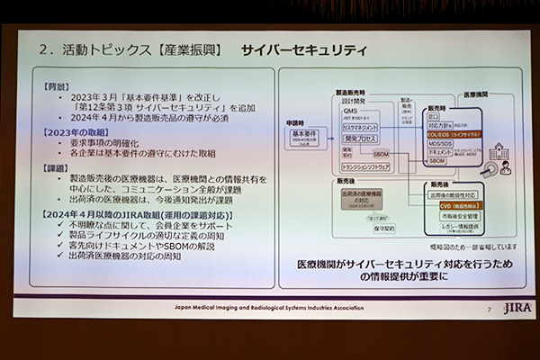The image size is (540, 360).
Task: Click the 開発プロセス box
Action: [355, 139]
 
